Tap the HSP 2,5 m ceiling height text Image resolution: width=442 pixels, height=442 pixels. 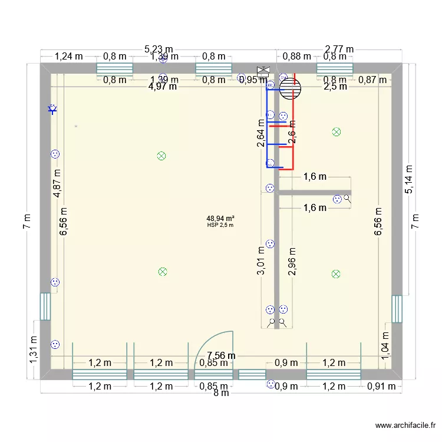click(220, 225)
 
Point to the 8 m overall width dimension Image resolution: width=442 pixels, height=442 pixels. click(220, 394)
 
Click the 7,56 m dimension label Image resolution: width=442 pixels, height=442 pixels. click(220, 355)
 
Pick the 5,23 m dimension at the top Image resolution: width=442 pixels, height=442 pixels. click(159, 50)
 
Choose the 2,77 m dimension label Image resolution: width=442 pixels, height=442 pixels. click(339, 50)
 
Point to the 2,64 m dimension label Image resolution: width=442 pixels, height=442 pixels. click(262, 134)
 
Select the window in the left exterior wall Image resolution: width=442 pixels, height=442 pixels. click(45, 306)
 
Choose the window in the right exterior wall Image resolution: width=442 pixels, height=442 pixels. click(397, 309)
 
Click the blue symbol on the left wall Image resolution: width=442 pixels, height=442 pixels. click(52, 108)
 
